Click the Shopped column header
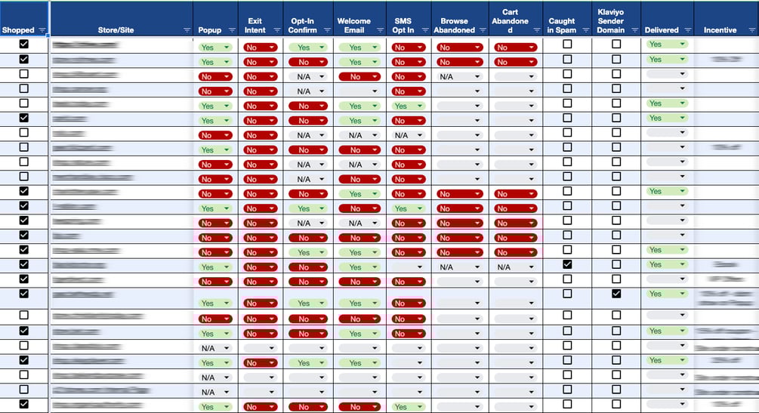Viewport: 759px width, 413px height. point(18,30)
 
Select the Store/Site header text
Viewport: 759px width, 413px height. point(116,30)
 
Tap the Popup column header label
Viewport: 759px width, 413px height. point(209,30)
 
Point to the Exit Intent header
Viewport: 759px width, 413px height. point(255,26)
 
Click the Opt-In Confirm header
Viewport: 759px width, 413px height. point(303,26)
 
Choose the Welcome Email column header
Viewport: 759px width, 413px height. point(353,26)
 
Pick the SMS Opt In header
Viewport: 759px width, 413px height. point(404,26)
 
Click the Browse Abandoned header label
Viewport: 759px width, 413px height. point(455,26)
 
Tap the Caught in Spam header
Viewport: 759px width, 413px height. point(561,26)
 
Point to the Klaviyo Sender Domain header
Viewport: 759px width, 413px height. point(611,21)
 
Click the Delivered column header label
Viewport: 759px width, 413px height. point(662,30)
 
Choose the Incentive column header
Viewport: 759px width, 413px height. point(720,30)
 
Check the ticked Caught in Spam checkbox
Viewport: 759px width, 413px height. point(567,264)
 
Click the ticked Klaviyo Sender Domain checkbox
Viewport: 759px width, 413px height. point(616,294)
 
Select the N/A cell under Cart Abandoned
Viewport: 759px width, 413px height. point(504,267)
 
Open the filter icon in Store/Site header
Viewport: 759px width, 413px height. point(187,30)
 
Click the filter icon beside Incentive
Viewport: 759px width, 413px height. point(751,30)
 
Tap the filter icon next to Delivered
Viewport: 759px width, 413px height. point(686,30)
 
